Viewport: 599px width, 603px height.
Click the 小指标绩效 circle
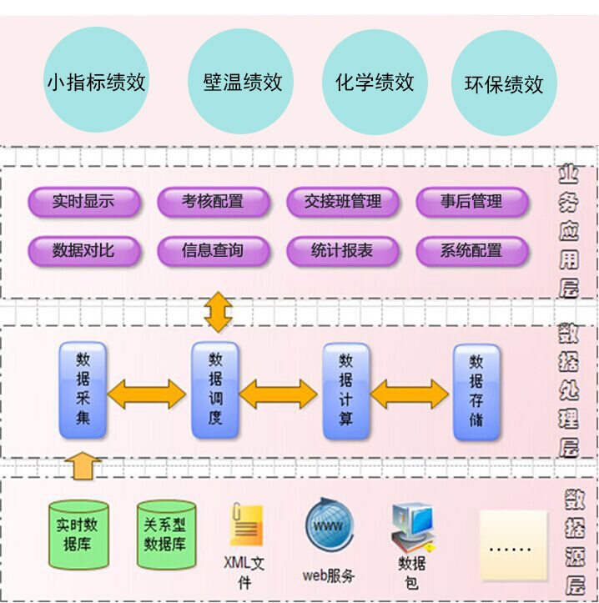[96, 81]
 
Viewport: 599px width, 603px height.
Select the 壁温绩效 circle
[242, 81]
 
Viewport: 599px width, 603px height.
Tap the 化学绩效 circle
[375, 81]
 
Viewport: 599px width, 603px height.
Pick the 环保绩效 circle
[504, 83]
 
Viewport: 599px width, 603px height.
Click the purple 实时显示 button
[83, 202]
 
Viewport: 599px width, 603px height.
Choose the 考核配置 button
[213, 202]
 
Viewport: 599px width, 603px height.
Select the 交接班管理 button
[342, 202]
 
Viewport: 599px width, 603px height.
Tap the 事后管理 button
[471, 202]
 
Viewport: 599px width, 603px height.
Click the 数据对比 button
[83, 250]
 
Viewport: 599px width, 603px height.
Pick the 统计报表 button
[342, 250]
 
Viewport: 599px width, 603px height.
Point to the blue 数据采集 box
[83, 390]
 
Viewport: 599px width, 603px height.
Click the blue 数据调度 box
[215, 390]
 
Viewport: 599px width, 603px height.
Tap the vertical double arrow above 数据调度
[218, 312]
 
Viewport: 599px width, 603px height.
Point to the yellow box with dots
[512, 545]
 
